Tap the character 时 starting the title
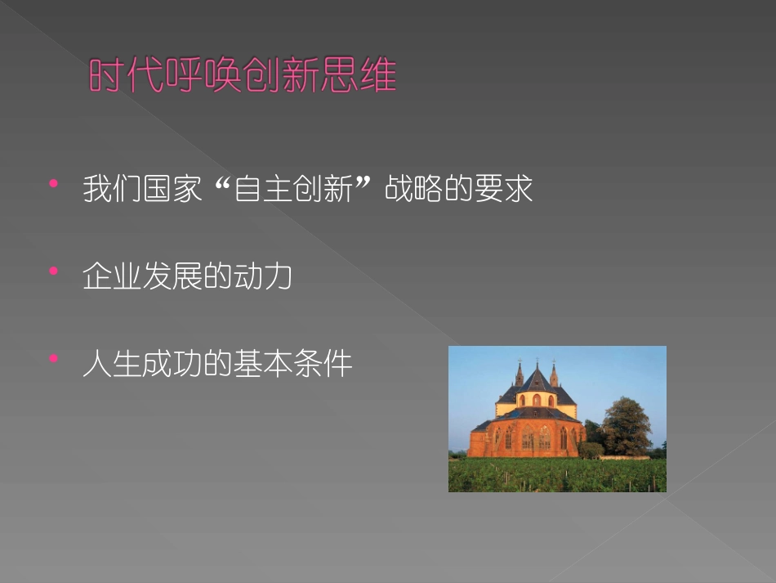pyautogui.click(x=106, y=77)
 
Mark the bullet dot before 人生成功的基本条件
pyautogui.click(x=54, y=358)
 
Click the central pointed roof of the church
pyautogui.click(x=536, y=381)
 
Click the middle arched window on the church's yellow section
pyautogui.click(x=537, y=400)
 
